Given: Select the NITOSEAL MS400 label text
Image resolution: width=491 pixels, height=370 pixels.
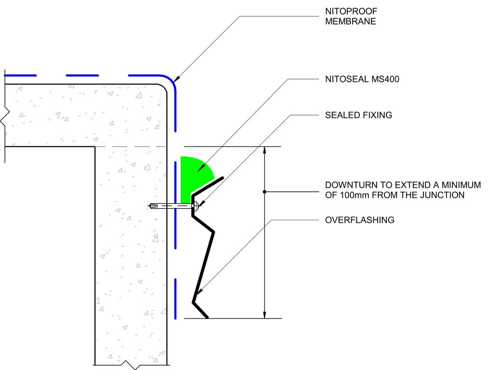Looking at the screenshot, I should (362, 79).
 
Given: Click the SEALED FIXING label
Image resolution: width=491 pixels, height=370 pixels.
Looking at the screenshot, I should (358, 115).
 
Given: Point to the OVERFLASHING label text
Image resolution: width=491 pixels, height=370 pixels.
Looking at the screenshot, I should (359, 220).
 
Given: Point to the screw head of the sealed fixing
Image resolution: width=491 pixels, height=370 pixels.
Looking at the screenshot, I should (194, 206).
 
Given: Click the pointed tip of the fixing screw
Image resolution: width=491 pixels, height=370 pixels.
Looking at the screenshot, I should (151, 206).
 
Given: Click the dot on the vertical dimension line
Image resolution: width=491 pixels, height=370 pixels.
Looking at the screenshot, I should (264, 192).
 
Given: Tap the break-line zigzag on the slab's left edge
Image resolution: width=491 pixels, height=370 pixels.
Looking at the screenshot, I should (4, 116).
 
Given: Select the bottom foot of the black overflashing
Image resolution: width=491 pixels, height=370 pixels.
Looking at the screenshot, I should (201, 310).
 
